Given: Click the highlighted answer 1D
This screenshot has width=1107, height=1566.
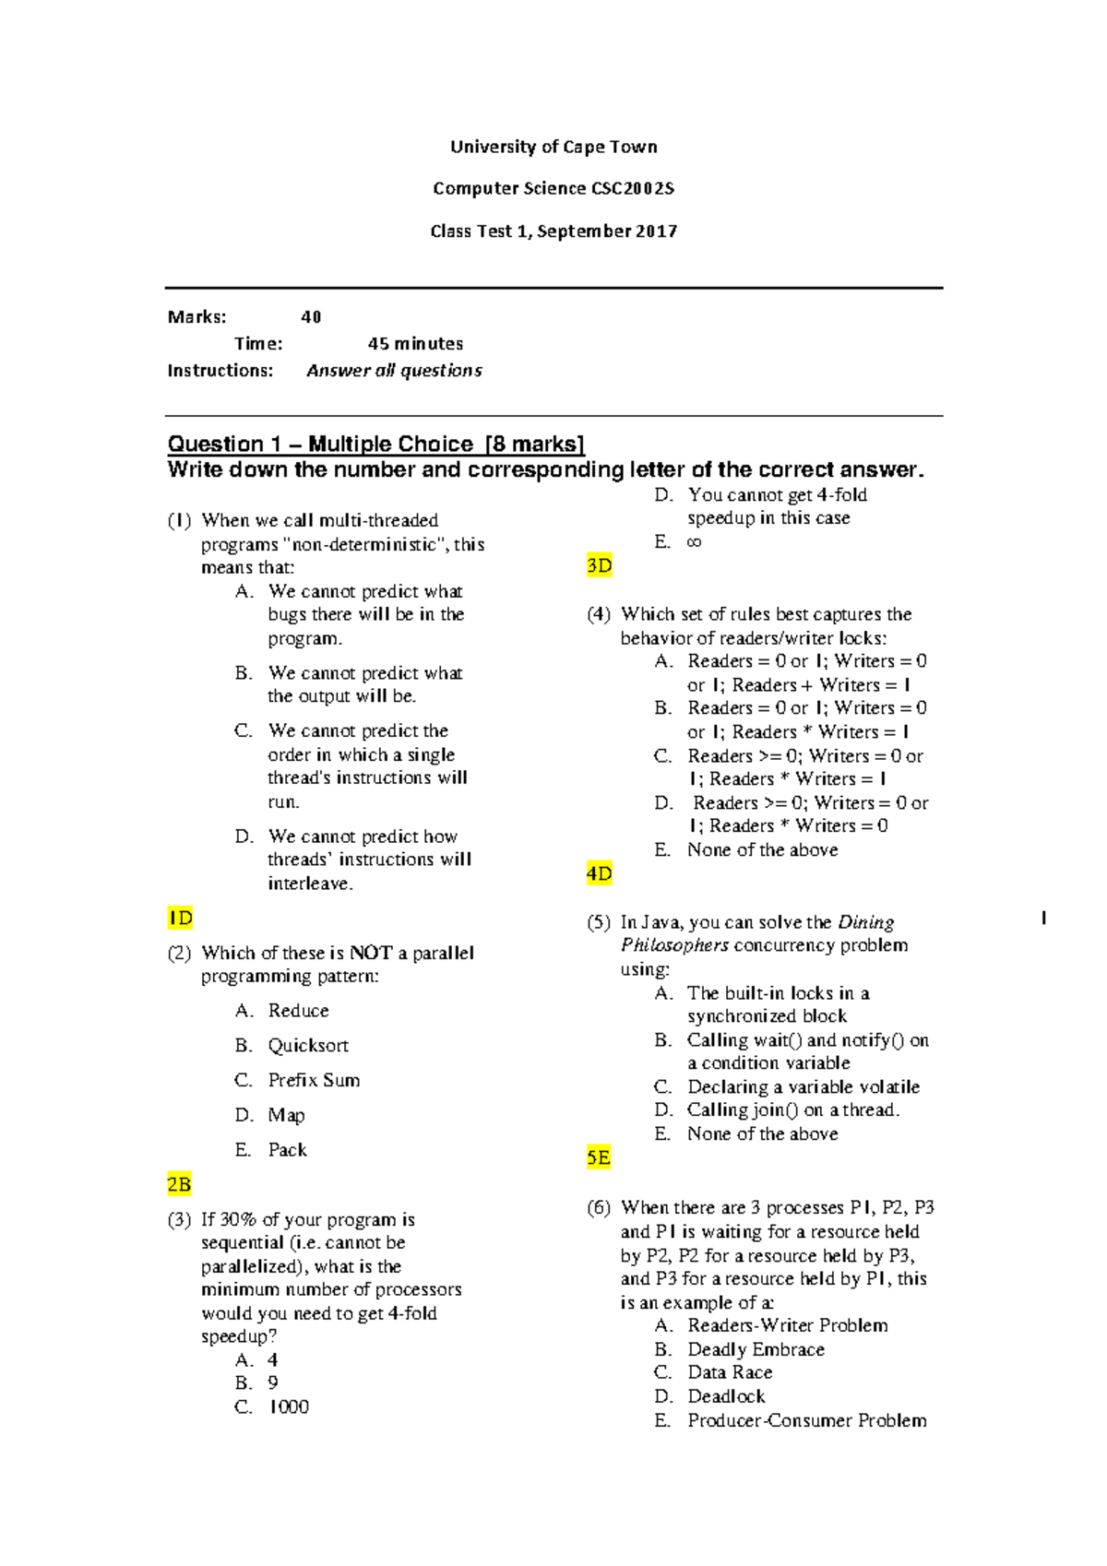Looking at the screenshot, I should [x=180, y=918].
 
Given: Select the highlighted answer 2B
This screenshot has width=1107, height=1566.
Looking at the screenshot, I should [x=179, y=1184].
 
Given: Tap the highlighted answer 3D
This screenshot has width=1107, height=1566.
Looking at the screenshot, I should [x=600, y=565].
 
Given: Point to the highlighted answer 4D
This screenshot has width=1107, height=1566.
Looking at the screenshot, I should [x=600, y=873].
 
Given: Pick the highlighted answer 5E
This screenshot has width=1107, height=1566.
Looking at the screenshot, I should [x=599, y=1157].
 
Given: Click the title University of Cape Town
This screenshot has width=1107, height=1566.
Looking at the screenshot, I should [x=553, y=147].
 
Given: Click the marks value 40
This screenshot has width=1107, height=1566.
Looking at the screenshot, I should [x=311, y=317].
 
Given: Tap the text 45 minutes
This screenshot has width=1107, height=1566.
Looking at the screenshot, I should [x=415, y=344].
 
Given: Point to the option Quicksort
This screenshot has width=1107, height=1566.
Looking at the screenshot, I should [x=308, y=1045].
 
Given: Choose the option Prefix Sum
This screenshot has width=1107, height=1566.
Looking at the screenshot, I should [x=314, y=1080].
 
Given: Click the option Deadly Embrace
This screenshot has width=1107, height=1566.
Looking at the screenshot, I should [x=756, y=1349].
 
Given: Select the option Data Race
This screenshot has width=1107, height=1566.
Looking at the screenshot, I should [x=730, y=1372].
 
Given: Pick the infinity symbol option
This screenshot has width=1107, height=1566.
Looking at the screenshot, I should [x=694, y=542].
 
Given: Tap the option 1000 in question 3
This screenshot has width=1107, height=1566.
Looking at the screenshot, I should [x=289, y=1406].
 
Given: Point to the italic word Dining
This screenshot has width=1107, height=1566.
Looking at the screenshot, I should [x=865, y=922].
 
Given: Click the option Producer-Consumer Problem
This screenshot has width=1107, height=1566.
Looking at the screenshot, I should [x=806, y=1420].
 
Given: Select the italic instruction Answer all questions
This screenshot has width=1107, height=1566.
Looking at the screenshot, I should [x=394, y=371].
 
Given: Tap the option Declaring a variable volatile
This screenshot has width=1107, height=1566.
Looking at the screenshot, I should [x=803, y=1086].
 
